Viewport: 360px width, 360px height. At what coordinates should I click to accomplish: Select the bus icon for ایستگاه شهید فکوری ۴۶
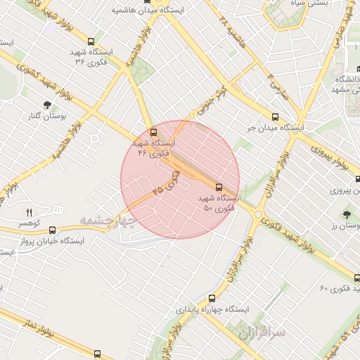pyautogui.click(x=153, y=131)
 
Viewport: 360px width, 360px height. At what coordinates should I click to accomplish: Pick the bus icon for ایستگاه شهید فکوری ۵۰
pyautogui.click(x=219, y=187)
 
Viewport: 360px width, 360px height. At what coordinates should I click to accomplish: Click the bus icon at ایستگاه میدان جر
pyautogui.click(x=275, y=117)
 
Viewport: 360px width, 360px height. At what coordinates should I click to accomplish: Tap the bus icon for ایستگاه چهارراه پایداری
pyautogui.click(x=214, y=298)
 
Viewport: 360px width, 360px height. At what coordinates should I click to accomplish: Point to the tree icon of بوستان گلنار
pyautogui.click(x=47, y=105)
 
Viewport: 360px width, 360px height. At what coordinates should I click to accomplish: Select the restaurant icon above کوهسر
pyautogui.click(x=29, y=212)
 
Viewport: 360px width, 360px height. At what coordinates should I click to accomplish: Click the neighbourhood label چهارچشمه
pyautogui.click(x=106, y=221)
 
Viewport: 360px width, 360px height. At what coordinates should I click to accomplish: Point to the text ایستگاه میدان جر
pyautogui.click(x=275, y=129)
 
